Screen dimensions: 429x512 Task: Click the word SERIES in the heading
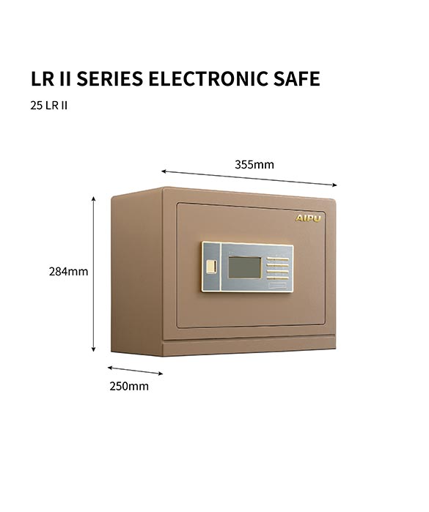coord(109,78)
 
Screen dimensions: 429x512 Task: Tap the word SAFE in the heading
coord(296,78)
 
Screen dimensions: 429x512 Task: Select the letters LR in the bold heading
coord(43,78)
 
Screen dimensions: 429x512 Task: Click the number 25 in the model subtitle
coord(36,105)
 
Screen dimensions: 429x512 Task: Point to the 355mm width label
coord(254,164)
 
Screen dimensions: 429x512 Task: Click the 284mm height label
coord(69,271)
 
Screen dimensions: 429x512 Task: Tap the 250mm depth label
coord(129,386)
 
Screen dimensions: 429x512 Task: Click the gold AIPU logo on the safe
coord(308,218)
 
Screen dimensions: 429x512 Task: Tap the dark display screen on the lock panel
coord(245,267)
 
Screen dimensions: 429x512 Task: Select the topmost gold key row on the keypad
coord(278,259)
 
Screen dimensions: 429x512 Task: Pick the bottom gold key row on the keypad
coord(278,278)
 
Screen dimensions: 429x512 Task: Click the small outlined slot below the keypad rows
coord(278,286)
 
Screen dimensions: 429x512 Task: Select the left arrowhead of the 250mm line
coord(109,368)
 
